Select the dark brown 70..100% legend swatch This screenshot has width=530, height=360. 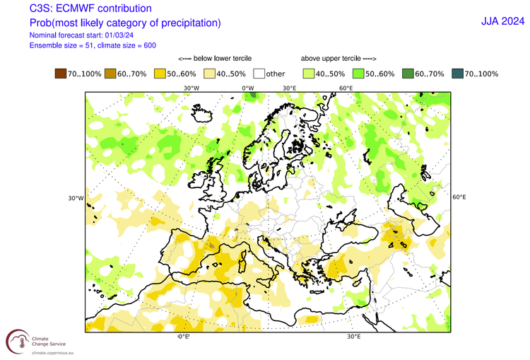(61, 74)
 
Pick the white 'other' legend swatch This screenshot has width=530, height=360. (259, 74)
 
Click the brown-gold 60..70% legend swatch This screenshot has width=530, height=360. (110, 74)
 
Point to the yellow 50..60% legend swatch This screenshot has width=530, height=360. (160, 74)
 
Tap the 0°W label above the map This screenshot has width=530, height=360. (247, 88)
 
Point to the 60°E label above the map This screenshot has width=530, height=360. (346, 88)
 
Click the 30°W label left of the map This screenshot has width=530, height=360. (76, 198)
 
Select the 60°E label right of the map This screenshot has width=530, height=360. (459, 197)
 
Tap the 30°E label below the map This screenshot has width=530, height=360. (353, 337)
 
